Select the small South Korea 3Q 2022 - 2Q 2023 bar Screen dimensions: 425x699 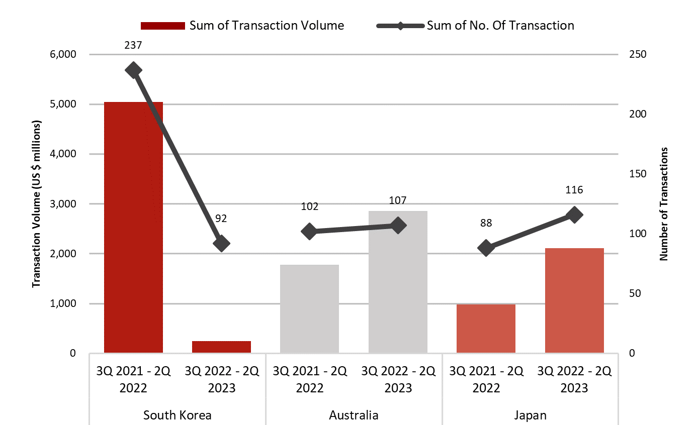coord(221,347)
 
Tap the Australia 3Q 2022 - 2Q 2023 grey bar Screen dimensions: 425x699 coord(398,282)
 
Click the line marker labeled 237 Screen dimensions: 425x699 coord(133,70)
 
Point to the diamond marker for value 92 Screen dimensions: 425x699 coord(221,244)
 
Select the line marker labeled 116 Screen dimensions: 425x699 coord(574,215)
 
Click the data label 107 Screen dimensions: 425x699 coord(398,200)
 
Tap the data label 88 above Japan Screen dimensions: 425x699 coord(486,223)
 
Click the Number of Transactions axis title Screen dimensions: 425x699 coord(664,203)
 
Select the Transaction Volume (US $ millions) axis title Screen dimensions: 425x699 coord(36,203)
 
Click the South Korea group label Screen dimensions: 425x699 coord(177,415)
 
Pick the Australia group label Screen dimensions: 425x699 coord(354,415)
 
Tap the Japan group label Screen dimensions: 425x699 coord(530,415)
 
